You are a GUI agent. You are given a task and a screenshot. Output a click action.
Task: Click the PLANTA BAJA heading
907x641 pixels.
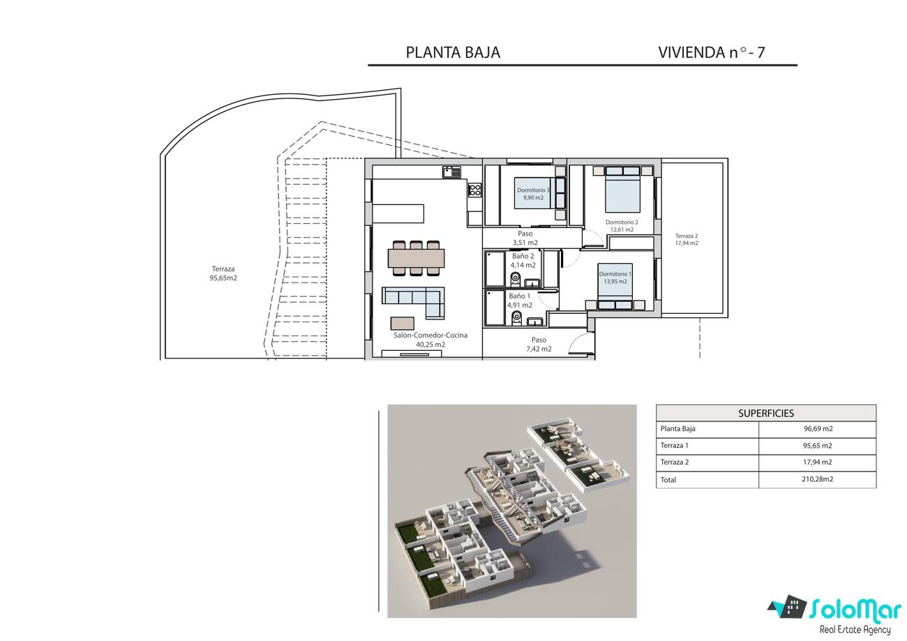click(x=453, y=52)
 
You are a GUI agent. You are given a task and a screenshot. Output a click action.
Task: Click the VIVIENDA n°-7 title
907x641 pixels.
click(x=712, y=52)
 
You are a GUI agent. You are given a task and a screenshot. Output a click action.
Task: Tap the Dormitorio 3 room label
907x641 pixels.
click(x=533, y=190)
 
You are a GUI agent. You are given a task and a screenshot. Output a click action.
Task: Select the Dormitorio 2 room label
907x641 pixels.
click(x=622, y=223)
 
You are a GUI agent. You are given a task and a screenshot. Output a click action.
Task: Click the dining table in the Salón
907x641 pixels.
click(x=416, y=258)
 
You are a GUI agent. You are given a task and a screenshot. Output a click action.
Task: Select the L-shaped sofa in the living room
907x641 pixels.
click(x=414, y=302)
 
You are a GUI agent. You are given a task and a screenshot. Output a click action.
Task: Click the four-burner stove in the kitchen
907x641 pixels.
click(x=475, y=190)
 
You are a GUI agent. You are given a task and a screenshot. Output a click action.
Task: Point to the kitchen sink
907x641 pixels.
click(x=451, y=172)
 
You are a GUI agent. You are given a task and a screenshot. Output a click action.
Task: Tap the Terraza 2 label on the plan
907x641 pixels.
click(x=687, y=236)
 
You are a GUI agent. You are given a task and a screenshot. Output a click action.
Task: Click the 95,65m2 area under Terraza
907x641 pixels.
click(x=223, y=278)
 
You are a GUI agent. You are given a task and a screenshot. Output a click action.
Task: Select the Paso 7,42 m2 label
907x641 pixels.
click(x=539, y=345)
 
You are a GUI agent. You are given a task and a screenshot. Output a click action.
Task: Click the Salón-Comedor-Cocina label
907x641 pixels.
click(x=430, y=335)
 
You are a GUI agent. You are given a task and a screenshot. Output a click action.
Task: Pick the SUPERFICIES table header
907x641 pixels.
click(x=766, y=413)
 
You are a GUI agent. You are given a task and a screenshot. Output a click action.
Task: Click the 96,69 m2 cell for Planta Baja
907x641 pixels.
click(x=818, y=428)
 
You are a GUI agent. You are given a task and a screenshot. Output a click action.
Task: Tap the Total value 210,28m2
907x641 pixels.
click(x=817, y=479)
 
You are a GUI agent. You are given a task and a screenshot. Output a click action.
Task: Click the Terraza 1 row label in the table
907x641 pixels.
click(x=674, y=446)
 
